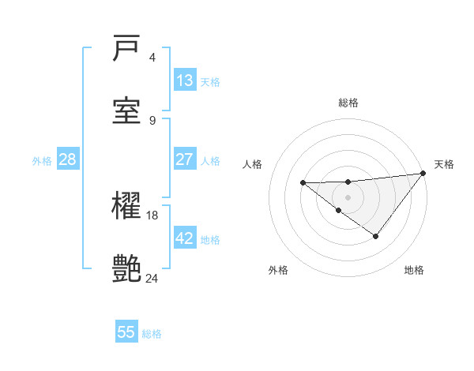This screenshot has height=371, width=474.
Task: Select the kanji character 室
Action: coord(127,110)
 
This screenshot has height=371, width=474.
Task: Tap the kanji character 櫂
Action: coord(127,208)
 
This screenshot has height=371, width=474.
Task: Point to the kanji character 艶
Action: coord(127,268)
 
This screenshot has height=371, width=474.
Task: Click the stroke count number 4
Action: coord(152,58)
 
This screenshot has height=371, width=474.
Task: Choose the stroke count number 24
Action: coord(152,277)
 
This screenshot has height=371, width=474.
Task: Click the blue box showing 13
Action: coord(184,81)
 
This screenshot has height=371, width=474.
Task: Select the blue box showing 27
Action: coord(184,159)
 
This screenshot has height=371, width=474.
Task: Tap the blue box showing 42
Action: coord(184,238)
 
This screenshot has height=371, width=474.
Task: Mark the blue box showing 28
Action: coord(67,159)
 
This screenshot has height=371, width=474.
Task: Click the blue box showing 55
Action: coord(126,332)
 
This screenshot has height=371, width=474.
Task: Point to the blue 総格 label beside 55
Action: coord(152,334)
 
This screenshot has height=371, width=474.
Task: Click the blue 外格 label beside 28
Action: coord(42,161)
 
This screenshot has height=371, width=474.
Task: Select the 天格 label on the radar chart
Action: coord(444,164)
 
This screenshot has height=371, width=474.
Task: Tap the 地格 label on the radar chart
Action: coord(414,270)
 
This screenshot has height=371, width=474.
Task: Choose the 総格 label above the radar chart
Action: coord(348,103)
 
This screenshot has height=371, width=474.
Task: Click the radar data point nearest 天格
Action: coord(423,173)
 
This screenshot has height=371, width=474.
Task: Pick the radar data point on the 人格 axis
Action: coord(303,183)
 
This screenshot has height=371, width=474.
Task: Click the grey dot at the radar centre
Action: coord(348,197)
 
